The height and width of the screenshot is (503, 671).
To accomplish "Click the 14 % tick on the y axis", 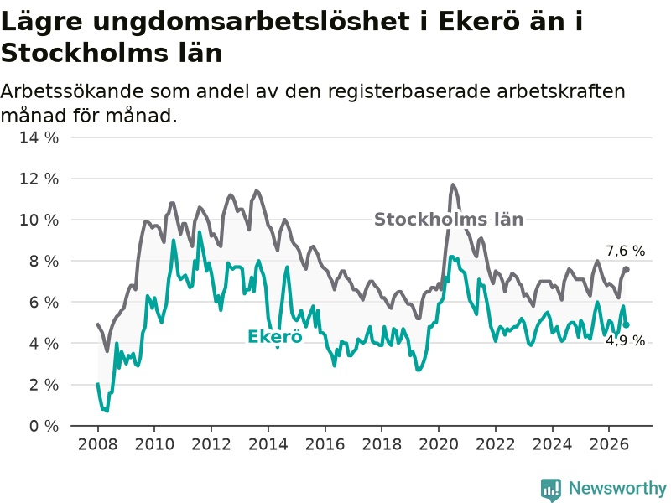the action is coord(39,137).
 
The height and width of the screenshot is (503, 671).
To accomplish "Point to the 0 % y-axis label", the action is coord(44,426).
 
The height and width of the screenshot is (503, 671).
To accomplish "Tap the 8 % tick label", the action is coord(44,261).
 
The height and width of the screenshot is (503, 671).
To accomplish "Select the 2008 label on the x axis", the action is coord(97,444).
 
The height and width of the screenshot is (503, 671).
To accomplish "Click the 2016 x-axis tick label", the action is coord(325,444).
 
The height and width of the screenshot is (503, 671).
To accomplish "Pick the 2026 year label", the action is coord(609,444).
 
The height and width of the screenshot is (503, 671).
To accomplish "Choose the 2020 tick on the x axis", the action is coord(439,444).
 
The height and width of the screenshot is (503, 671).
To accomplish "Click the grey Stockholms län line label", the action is coord(449,220).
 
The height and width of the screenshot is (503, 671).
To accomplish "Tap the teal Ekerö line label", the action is coord(275,337).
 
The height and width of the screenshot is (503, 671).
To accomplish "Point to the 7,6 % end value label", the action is coord(625,251).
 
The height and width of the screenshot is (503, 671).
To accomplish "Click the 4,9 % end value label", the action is coord(625,341).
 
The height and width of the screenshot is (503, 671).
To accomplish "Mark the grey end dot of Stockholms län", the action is coord(626,269).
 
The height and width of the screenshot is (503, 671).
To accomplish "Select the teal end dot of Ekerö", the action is coord(626,325).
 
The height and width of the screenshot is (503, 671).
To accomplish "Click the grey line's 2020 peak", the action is coord(453,184).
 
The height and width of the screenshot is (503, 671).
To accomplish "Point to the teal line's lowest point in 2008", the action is coord(107,411).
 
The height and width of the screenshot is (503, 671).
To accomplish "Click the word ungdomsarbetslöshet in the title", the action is coord(251,22).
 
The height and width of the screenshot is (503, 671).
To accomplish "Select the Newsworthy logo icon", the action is coord(551,490).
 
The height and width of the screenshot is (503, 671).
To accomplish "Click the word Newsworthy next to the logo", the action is coord(617,488).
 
